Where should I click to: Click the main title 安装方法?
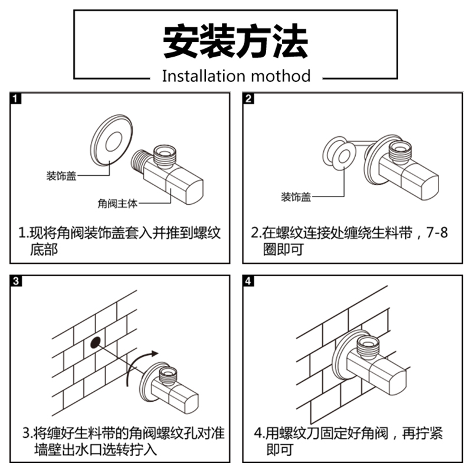[x=236, y=40]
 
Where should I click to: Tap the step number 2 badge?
[x=248, y=99]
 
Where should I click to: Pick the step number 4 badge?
[x=248, y=281]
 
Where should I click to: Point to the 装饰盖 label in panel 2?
[x=296, y=197]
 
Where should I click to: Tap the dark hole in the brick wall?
[x=94, y=342]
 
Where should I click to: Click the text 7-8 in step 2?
[x=437, y=232]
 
